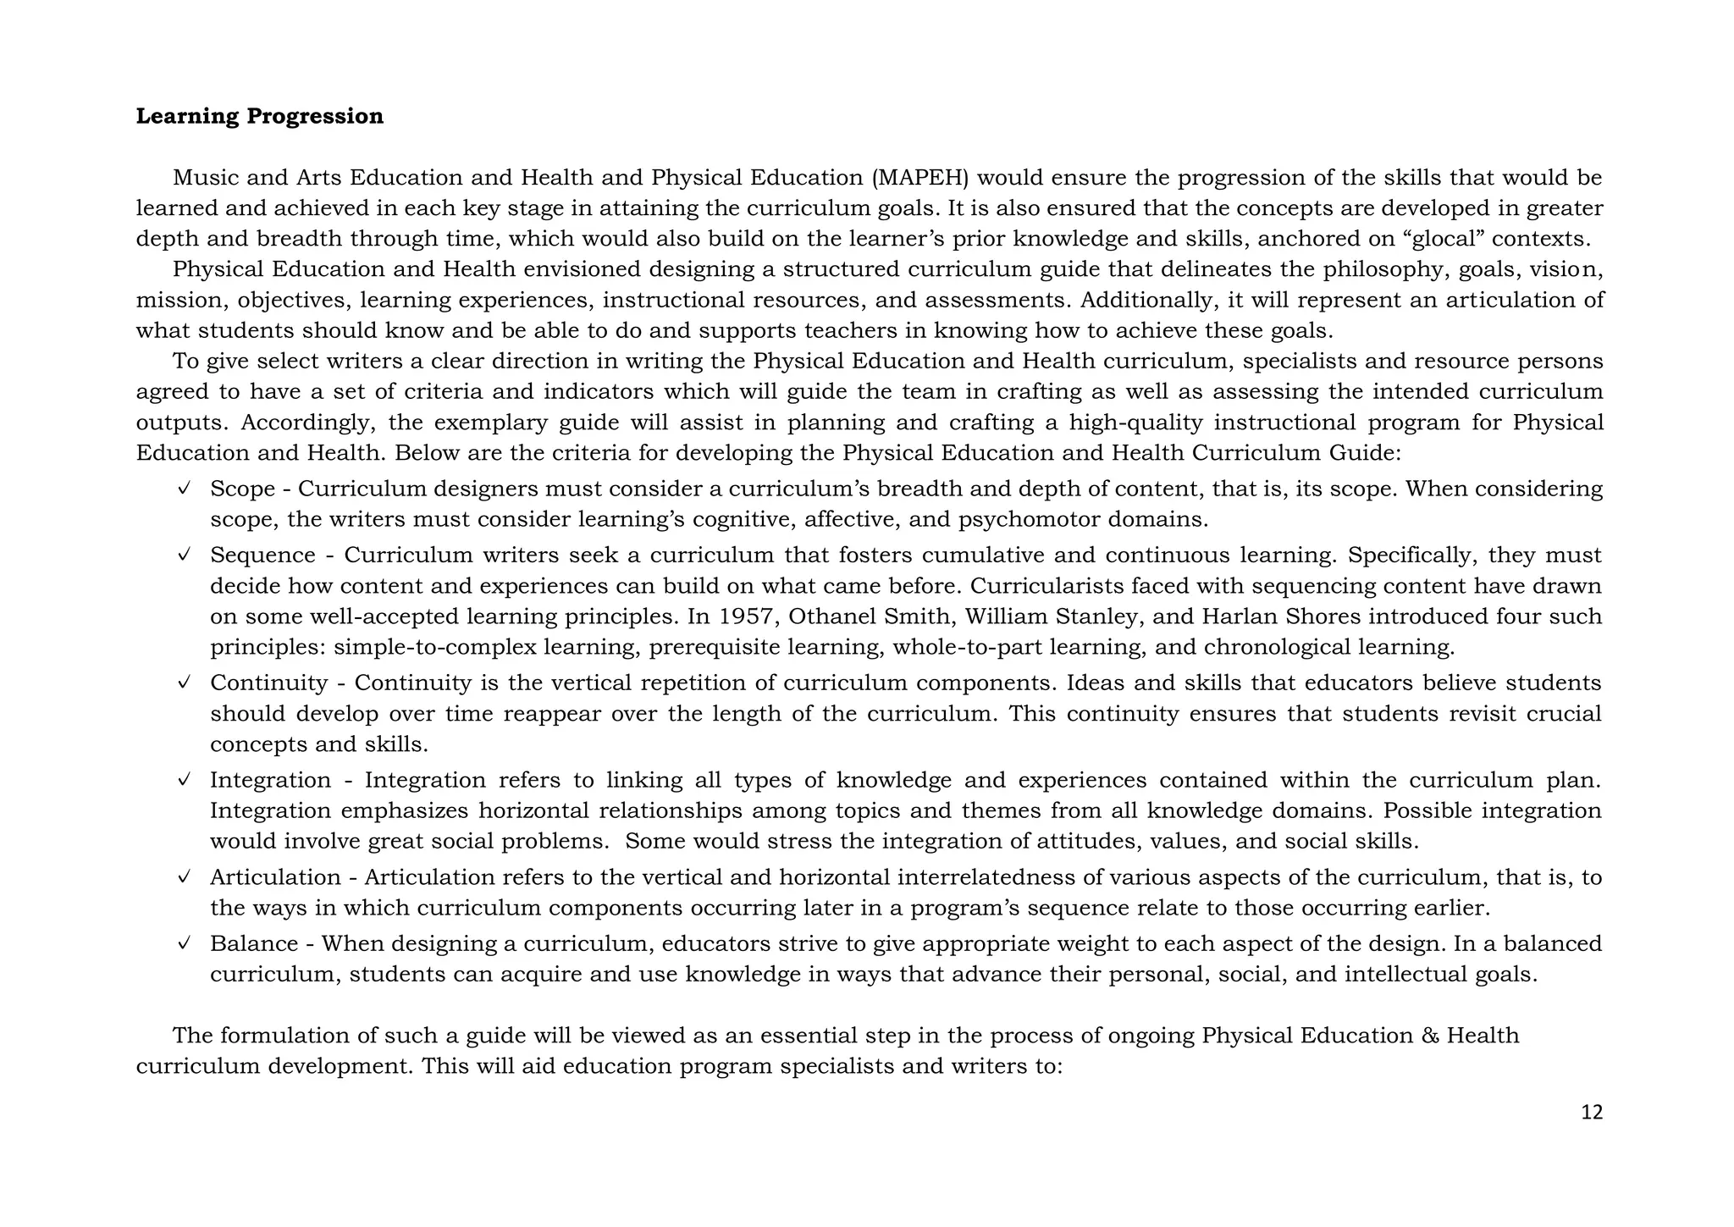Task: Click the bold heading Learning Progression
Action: [x=259, y=116]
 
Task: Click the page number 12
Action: [x=1592, y=1113]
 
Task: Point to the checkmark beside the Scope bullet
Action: [x=183, y=489]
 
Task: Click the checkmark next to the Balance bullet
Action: [x=183, y=943]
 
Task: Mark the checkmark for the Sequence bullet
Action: [x=183, y=555]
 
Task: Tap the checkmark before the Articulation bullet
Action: [x=183, y=877]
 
